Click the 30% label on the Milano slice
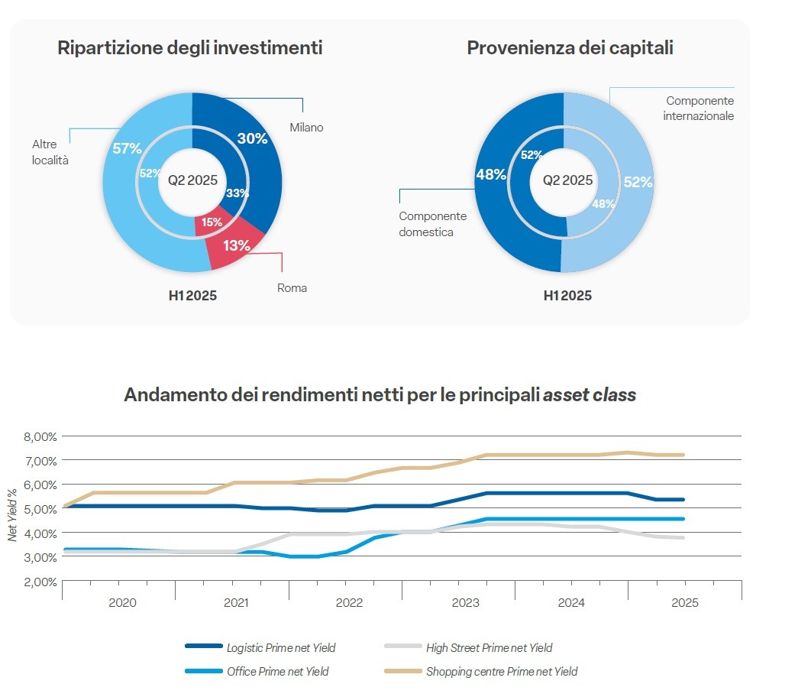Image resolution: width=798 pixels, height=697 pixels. [x=252, y=138]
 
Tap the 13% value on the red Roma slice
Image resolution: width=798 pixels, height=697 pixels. [x=237, y=245]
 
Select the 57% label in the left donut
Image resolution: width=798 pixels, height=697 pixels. [x=127, y=148]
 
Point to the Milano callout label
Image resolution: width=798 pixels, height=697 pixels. [x=305, y=128]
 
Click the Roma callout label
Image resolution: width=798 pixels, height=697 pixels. [x=292, y=288]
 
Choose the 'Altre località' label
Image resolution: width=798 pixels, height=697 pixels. [x=50, y=152]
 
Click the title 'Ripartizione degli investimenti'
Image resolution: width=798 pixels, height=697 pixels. [x=190, y=48]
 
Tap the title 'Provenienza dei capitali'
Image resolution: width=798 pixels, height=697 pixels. [x=570, y=48]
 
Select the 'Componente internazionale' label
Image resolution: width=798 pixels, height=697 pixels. [x=698, y=109]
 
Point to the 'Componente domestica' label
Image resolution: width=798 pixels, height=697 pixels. [x=432, y=224]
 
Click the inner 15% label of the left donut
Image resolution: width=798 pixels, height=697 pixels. [x=212, y=222]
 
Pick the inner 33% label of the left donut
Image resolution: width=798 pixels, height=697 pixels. [x=237, y=193]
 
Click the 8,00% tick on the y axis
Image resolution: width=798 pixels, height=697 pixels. [x=38, y=436]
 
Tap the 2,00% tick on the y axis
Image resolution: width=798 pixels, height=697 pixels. [x=38, y=582]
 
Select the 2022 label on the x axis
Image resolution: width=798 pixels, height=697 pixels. [x=349, y=602]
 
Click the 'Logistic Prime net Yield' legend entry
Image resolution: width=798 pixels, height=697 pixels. [x=280, y=647]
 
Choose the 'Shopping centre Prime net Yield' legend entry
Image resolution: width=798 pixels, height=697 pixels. [x=502, y=672]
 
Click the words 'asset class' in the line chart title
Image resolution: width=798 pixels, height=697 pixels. [x=589, y=395]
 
